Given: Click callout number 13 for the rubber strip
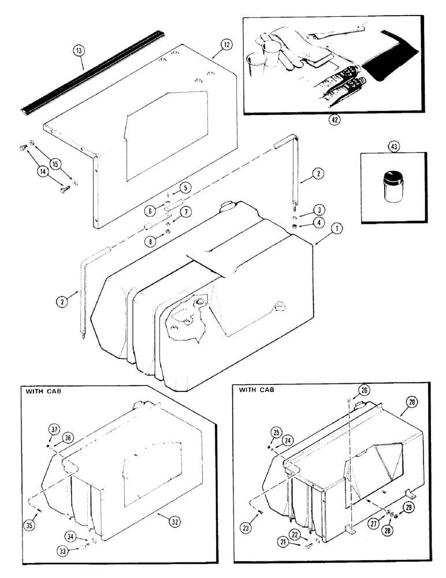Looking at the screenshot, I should click(79, 51).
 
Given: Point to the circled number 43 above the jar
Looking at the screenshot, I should click(393, 148).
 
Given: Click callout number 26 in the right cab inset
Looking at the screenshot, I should click(363, 390).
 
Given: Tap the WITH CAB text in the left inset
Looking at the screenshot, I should click(42, 391).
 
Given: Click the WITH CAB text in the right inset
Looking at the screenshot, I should click(257, 390).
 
